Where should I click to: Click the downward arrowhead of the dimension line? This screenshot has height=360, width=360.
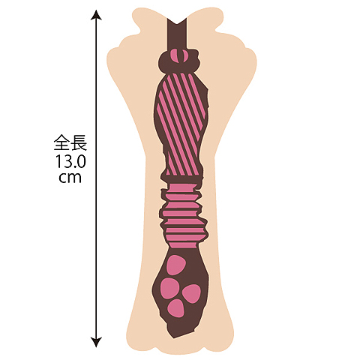coord(96,342)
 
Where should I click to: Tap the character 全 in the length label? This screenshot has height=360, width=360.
coord(62,142)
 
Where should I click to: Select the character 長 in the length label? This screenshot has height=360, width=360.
coord(79,142)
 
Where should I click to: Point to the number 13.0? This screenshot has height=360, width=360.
coord(70,161)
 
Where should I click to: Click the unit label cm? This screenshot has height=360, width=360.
coord(70,178)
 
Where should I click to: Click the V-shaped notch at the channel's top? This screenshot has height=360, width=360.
coord(177,23)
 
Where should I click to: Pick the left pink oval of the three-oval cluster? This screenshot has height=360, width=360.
coord(169,288)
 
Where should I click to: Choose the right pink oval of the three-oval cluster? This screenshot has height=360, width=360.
coord(192,293)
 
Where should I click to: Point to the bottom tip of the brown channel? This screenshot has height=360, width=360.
coord(173,338)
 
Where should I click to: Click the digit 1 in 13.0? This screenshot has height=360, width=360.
coord(58,161)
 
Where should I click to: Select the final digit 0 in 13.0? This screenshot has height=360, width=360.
coord(81,161)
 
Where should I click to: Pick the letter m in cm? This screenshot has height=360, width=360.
coord(75,178)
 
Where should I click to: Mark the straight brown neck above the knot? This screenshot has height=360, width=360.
coord(177,35)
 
